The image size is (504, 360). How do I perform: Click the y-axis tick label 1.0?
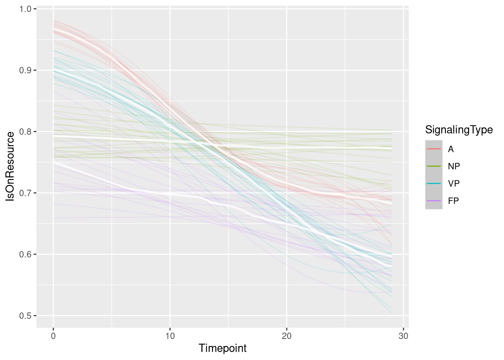tap(26, 9)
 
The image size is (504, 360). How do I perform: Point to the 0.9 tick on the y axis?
tap(26, 70)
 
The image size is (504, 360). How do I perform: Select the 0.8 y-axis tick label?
tap(26, 132)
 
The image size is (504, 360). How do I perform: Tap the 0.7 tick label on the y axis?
tap(26, 193)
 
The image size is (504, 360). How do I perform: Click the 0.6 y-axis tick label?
tap(26, 254)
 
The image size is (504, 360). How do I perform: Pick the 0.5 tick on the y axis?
tap(26, 316)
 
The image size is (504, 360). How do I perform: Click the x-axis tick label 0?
tap(53, 336)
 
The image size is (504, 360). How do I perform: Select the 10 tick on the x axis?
tap(170, 336)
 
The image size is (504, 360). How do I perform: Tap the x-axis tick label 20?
tap(286, 336)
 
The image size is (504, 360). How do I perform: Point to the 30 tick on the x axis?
tap(403, 336)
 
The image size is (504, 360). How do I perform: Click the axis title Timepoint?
tap(223, 348)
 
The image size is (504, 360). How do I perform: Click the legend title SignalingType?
tap(459, 130)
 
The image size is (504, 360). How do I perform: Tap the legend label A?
tap(451, 149)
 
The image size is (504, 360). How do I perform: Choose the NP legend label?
tap(454, 166)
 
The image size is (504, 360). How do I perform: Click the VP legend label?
tap(454, 184)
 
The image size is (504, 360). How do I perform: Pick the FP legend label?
tap(453, 201)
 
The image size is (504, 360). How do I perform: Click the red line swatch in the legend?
tap(434, 149)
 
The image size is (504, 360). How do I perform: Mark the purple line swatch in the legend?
tap(434, 201)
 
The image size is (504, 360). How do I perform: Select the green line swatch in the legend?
tap(434, 166)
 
